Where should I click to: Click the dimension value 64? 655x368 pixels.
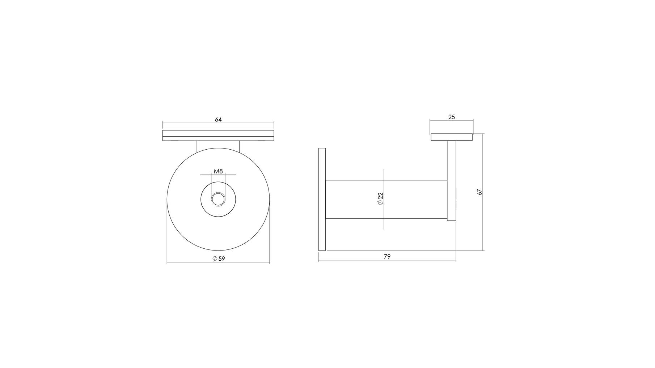tap(218, 119)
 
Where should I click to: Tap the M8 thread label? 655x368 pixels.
tap(218, 171)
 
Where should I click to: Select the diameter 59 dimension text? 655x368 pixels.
tap(219, 258)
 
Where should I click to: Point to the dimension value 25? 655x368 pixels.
tap(452, 117)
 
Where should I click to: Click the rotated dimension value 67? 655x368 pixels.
tap(480, 192)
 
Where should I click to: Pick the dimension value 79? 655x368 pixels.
tap(387, 257)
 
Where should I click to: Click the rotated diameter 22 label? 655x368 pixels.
tap(380, 199)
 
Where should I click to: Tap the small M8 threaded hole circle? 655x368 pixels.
tap(218, 199)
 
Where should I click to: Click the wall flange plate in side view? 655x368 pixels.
tap(322, 199)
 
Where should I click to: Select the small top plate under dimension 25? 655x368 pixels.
tap(452, 137)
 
